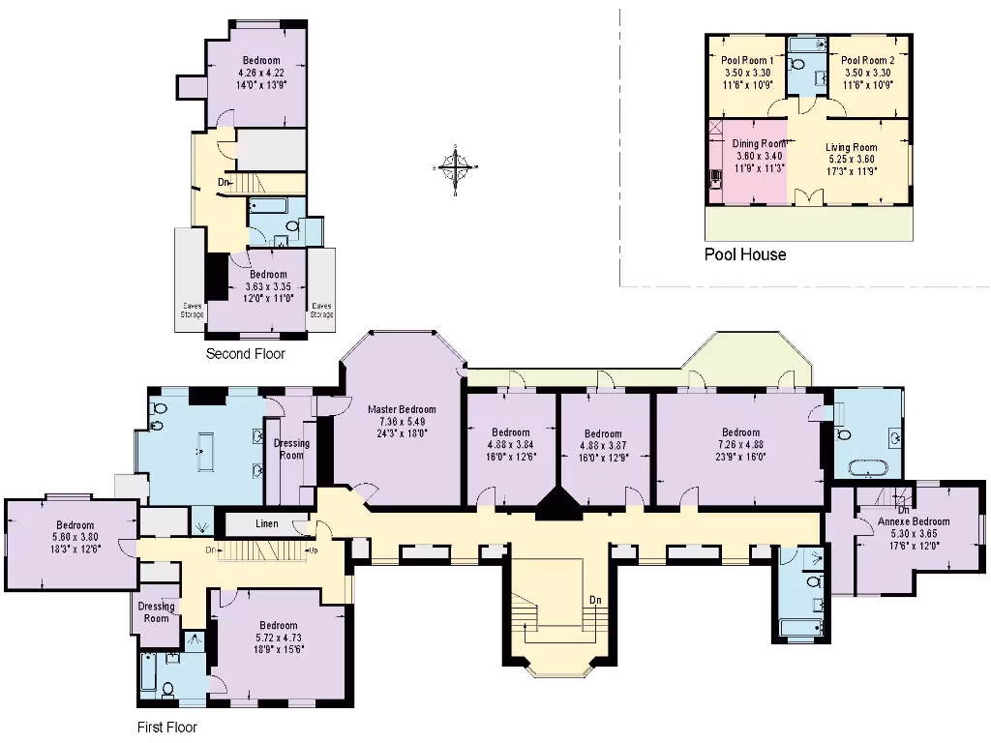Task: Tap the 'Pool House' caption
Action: [744, 255]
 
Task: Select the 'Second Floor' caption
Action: [246, 354]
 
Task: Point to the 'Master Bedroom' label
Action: [402, 409]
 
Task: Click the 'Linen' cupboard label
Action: [268, 524]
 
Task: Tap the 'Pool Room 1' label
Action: [746, 60]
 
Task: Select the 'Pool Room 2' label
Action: [866, 60]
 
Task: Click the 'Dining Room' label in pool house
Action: [759, 143]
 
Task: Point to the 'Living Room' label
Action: [851, 148]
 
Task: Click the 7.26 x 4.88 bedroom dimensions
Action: [740, 445]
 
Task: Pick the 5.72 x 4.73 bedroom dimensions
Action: [277, 639]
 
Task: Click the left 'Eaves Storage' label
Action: [190, 310]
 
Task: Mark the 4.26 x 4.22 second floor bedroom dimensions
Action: [261, 73]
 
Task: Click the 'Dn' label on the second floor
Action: [223, 182]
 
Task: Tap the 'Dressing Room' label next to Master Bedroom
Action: [291, 450]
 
